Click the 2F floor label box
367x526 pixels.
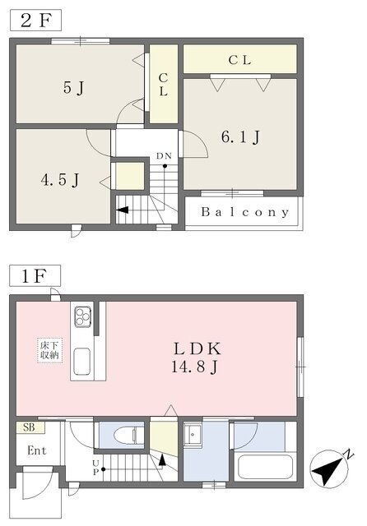[35, 20]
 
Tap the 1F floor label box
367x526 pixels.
[35, 276]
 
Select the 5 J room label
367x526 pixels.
[73, 88]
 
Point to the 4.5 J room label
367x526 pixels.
[60, 180]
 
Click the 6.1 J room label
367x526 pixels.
[240, 137]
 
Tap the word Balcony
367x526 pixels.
[244, 212]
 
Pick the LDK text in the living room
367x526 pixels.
[197, 348]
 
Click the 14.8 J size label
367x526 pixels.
[195, 367]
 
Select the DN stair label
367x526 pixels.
[164, 156]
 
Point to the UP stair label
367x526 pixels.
[95, 468]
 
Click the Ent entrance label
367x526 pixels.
[37, 450]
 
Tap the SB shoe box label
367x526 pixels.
[30, 427]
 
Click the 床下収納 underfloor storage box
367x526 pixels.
[49, 351]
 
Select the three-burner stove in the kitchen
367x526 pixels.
[82, 316]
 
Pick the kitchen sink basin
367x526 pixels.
[81, 362]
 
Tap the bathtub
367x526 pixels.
[265, 467]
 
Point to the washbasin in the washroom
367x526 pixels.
[193, 435]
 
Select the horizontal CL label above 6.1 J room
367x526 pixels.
[239, 60]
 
